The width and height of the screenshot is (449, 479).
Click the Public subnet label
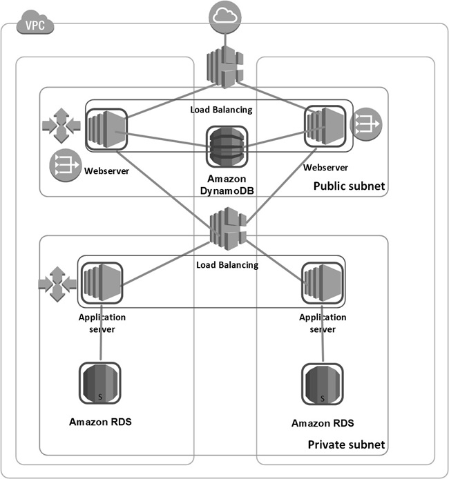tap(349, 186)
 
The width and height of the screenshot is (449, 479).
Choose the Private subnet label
tap(345, 444)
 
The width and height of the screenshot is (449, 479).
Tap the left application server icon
tap(102, 282)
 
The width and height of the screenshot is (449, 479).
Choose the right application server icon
tap(323, 282)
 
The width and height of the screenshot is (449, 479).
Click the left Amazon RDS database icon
tap(101, 384)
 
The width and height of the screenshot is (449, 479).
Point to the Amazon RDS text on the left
tap(101, 420)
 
